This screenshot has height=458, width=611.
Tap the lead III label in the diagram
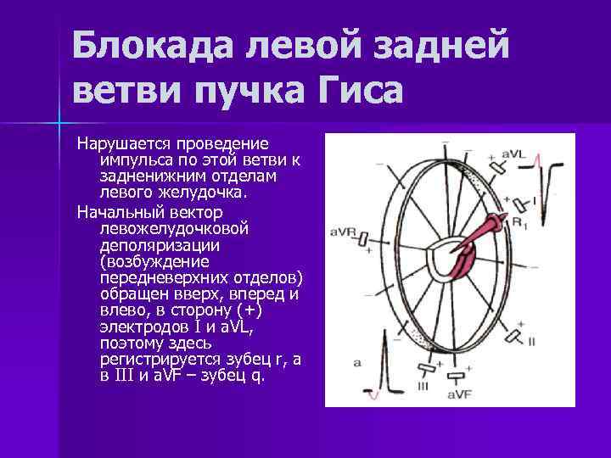(x=421, y=386)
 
